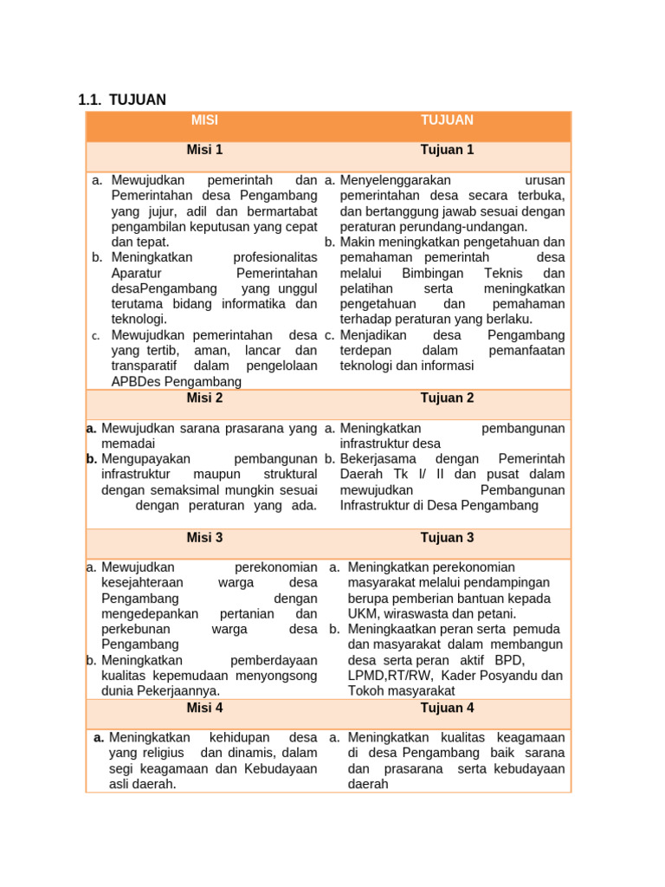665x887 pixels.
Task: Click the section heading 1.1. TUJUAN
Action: click(x=121, y=100)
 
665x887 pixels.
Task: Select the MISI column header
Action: click(x=205, y=120)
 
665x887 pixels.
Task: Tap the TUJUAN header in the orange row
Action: click(x=447, y=120)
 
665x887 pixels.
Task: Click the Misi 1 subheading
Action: click(x=205, y=150)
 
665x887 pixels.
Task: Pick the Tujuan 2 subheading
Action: click(x=447, y=398)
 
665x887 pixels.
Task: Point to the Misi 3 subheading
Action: click(x=205, y=538)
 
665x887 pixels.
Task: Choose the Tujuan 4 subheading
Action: click(x=447, y=708)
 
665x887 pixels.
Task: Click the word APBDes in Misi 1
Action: click(x=137, y=382)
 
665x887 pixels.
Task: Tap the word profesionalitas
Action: click(x=275, y=258)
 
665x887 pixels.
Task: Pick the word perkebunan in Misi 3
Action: click(x=136, y=629)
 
